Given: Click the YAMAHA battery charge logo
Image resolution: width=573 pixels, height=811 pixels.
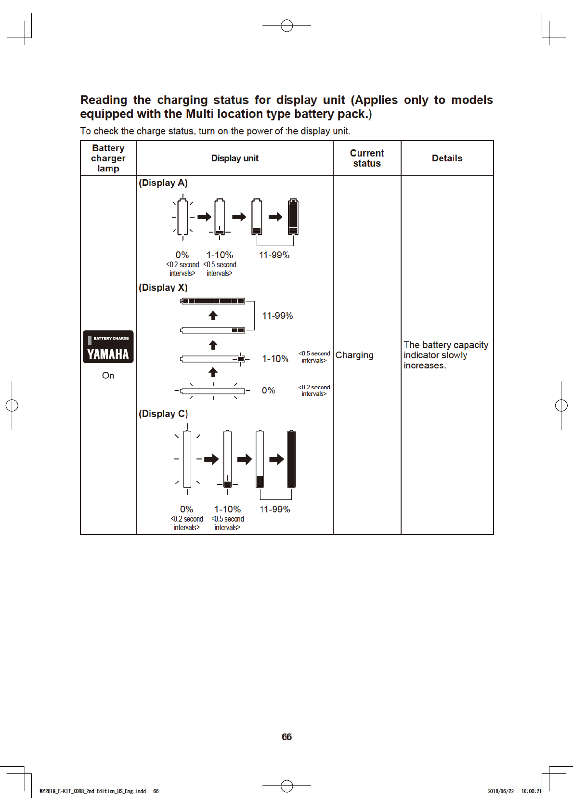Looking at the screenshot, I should tap(108, 347).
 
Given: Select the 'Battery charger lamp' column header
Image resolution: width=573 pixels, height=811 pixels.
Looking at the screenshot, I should tap(108, 158).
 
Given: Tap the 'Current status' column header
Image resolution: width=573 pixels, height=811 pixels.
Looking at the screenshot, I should tap(367, 158).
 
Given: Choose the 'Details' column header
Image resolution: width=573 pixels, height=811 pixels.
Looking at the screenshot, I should tap(447, 158).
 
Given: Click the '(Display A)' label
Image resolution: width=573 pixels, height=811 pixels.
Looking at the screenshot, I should tap(163, 183).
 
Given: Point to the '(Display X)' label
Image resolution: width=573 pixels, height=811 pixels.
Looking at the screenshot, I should tap(163, 288).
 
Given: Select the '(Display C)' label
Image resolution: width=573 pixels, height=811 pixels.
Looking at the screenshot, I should tap(163, 414).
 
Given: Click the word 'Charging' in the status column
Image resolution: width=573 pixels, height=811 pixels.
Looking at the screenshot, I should tap(354, 355).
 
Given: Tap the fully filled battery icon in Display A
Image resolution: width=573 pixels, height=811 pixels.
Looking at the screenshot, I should tap(293, 217).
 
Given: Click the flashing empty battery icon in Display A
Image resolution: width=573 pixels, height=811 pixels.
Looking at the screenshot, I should tap(182, 217).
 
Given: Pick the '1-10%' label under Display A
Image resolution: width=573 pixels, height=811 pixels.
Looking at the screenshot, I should tap(220, 255).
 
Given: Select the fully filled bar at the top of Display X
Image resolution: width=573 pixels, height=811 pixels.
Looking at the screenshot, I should tap(213, 301).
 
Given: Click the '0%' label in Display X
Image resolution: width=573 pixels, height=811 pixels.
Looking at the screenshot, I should tap(269, 390).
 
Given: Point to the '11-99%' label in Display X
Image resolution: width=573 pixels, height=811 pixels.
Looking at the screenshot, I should tap(277, 315).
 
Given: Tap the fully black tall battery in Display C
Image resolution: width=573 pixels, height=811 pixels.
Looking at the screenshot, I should tap(291, 459).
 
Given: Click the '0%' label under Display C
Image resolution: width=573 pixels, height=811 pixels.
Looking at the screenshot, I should tap(186, 509).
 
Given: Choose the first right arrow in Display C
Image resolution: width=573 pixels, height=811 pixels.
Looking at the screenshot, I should tap(211, 459).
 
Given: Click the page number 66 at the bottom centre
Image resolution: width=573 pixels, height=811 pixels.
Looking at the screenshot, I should tap(286, 737).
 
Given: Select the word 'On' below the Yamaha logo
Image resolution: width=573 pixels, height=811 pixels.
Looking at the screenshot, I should tap(108, 375).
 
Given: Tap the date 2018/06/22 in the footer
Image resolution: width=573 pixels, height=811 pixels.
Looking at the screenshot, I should tap(501, 791).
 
